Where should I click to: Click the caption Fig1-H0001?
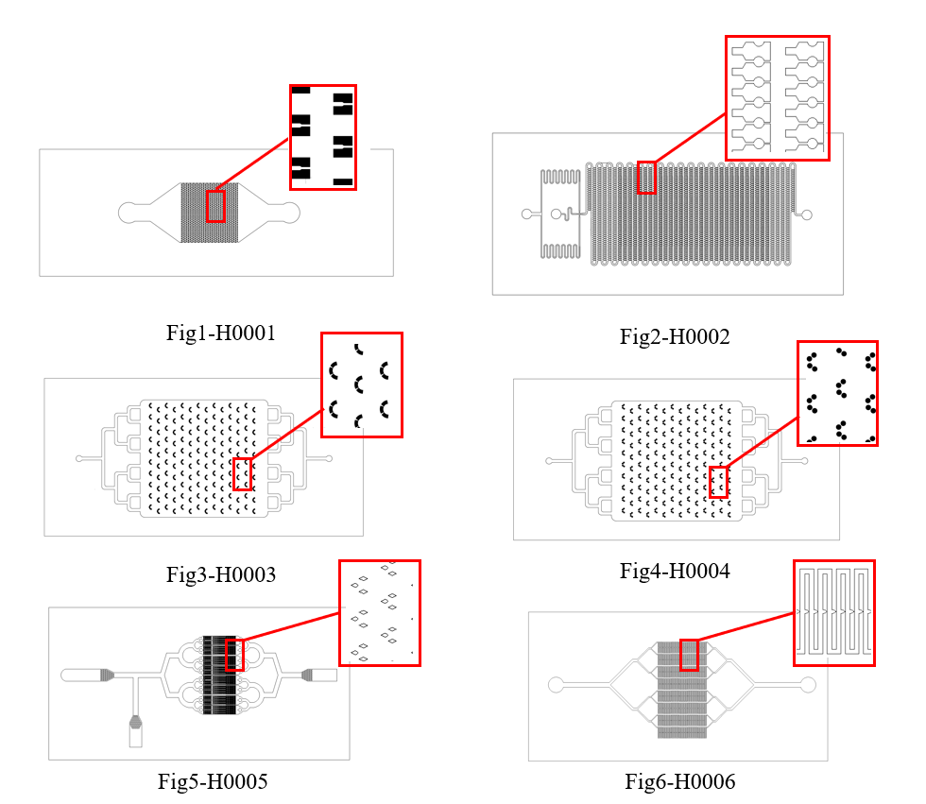[x=221, y=333]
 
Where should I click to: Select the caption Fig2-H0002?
[x=675, y=336]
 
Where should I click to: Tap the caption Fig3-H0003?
[x=221, y=574]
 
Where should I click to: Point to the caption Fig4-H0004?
[x=675, y=571]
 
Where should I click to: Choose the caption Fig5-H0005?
[x=213, y=781]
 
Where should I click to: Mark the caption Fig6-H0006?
[x=680, y=781]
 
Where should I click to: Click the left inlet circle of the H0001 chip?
[x=129, y=213]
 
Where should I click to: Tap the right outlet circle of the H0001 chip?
[x=290, y=213]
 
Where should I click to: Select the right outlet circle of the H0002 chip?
[x=807, y=214]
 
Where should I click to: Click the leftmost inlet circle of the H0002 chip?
[x=527, y=214]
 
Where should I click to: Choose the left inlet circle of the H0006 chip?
[x=556, y=685]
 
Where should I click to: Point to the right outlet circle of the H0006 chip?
[x=808, y=685]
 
